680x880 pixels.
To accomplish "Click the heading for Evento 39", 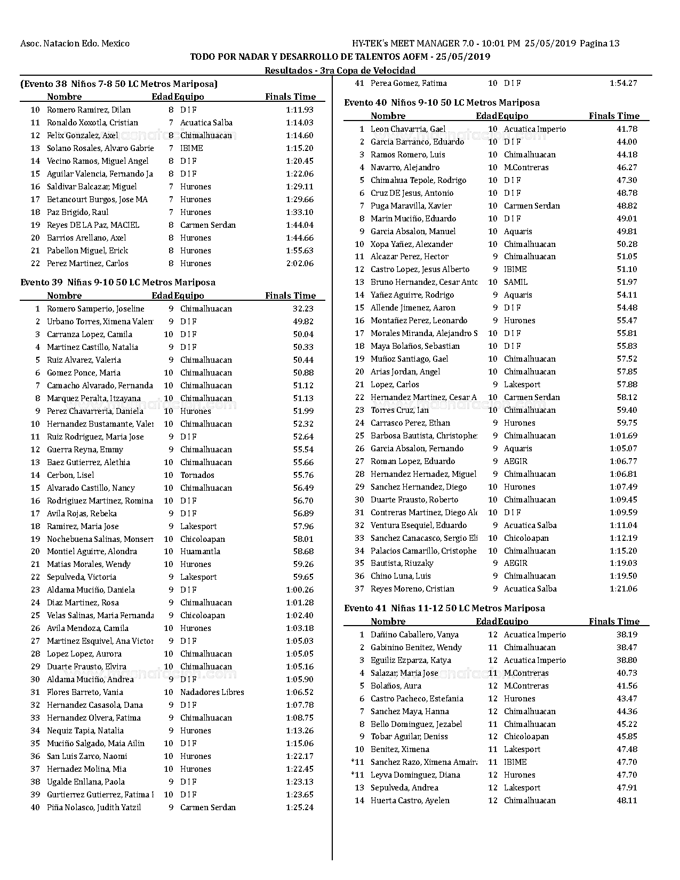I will (118, 282).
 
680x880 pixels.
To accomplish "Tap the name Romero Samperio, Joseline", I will (95, 309).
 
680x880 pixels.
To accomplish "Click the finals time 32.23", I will (303, 309).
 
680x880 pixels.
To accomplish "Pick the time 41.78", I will (627, 129).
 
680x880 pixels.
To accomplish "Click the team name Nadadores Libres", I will (212, 692).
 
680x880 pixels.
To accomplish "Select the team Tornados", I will (197, 475).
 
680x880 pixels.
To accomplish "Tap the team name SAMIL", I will (515, 282).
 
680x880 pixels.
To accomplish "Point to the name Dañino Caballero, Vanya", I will (414, 635).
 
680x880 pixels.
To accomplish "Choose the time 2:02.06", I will (300, 263).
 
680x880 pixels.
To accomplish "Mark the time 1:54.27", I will (623, 83).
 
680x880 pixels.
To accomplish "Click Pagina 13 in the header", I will (599, 44).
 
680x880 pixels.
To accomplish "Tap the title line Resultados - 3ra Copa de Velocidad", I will (340, 70).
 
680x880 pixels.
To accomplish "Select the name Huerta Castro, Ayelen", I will (410, 801).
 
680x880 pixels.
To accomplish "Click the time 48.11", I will (627, 801).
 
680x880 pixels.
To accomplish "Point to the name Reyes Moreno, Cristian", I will (412, 589).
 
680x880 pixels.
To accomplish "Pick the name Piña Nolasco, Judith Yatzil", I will (94, 807).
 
